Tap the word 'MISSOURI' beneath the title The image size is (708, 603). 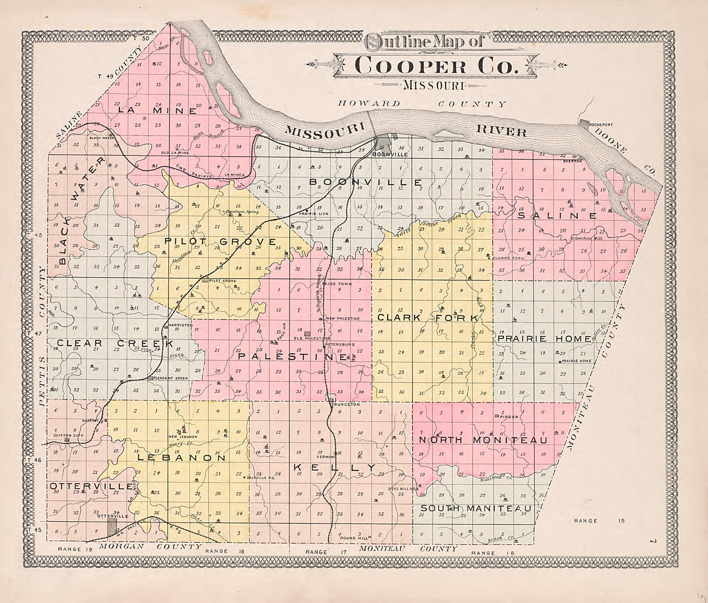(x=433, y=85)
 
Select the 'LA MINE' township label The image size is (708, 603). (x=157, y=111)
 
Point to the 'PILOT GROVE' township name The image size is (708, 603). (x=220, y=242)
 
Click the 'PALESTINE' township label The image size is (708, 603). (x=292, y=356)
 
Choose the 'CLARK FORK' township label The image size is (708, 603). (x=428, y=318)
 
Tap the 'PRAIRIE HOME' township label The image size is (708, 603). (x=544, y=339)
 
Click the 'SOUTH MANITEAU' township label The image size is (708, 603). (x=476, y=509)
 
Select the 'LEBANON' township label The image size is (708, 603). (x=182, y=458)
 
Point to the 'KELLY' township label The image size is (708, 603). (x=335, y=467)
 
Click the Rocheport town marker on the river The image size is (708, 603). (x=584, y=124)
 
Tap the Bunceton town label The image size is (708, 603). (x=346, y=405)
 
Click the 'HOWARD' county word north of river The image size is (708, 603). (x=369, y=103)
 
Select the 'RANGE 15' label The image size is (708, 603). (x=599, y=521)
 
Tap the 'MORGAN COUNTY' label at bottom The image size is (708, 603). (x=151, y=546)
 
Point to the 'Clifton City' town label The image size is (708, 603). (x=68, y=435)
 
